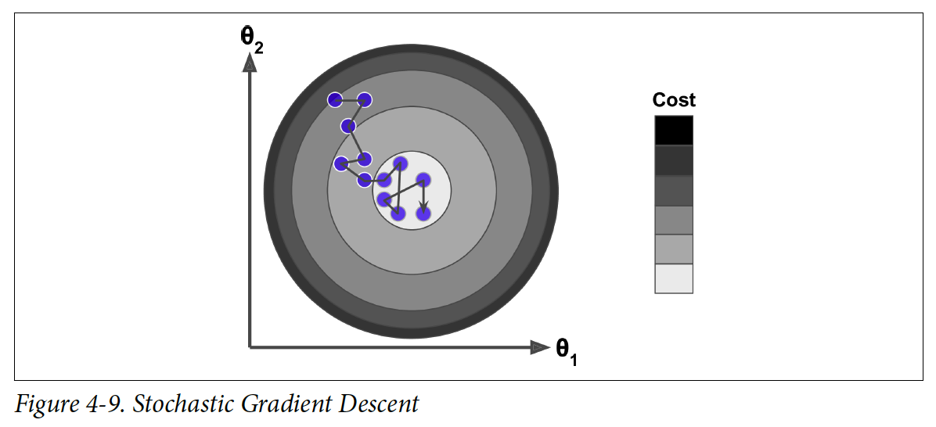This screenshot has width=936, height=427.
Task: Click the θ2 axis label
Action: click(x=251, y=40)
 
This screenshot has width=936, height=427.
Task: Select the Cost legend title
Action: click(x=674, y=100)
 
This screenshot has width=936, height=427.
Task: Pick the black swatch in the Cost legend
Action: click(x=674, y=130)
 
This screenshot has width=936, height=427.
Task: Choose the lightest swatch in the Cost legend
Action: click(x=674, y=278)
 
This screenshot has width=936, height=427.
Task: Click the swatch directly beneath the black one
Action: click(x=674, y=160)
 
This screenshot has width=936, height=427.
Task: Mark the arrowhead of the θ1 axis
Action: click(x=539, y=346)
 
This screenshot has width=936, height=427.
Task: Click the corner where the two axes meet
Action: click(x=250, y=346)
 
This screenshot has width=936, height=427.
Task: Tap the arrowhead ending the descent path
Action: click(x=423, y=208)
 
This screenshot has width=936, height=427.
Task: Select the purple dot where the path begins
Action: click(x=335, y=99)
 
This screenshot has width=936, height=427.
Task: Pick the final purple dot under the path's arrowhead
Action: click(x=423, y=214)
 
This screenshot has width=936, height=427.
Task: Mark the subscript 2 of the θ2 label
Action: click(x=258, y=48)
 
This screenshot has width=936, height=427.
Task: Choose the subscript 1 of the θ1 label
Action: click(x=574, y=359)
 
